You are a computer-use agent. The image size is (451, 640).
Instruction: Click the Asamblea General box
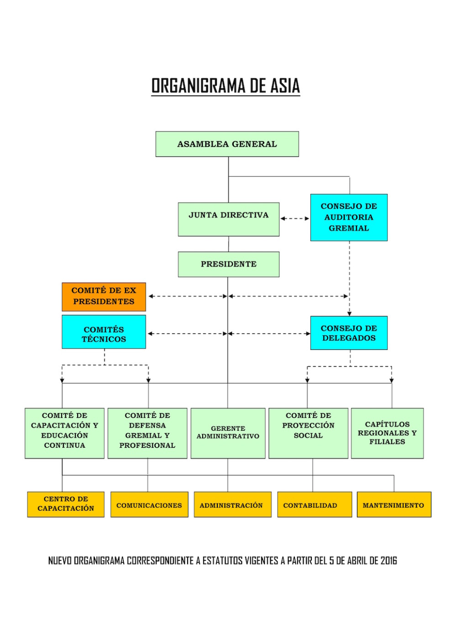click(227, 144)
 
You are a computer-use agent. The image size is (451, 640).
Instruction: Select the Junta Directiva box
click(229, 219)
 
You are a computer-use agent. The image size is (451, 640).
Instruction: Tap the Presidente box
click(229, 264)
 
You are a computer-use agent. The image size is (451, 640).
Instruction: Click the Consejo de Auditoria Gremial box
click(349, 218)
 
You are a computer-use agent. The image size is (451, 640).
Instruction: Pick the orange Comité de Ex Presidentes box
click(104, 297)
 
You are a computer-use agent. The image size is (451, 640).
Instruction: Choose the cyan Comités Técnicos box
click(104, 332)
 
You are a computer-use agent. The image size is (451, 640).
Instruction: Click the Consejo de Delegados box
click(349, 333)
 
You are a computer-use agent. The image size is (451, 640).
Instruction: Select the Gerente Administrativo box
click(228, 433)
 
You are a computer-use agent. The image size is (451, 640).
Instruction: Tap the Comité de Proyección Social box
click(309, 433)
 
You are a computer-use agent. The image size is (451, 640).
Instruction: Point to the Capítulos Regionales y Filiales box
click(388, 433)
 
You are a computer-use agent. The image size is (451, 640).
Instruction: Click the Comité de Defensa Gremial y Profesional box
click(147, 433)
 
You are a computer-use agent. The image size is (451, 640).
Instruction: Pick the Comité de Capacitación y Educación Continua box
click(64, 433)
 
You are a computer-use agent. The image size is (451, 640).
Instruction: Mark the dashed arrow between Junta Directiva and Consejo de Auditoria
click(295, 219)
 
